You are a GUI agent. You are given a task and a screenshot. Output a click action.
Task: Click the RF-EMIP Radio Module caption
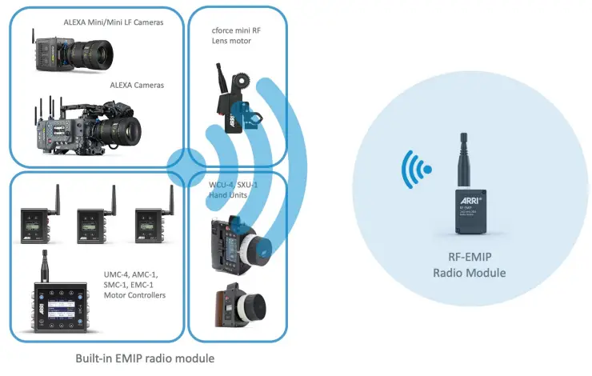pyautogui.click(x=468, y=266)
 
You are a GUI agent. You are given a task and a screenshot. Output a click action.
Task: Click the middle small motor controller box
pyautogui.click(x=95, y=226)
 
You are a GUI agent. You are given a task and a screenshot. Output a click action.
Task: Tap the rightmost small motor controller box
pyautogui.click(x=152, y=226)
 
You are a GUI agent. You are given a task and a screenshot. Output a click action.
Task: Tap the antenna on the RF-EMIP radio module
pyautogui.click(x=464, y=160)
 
